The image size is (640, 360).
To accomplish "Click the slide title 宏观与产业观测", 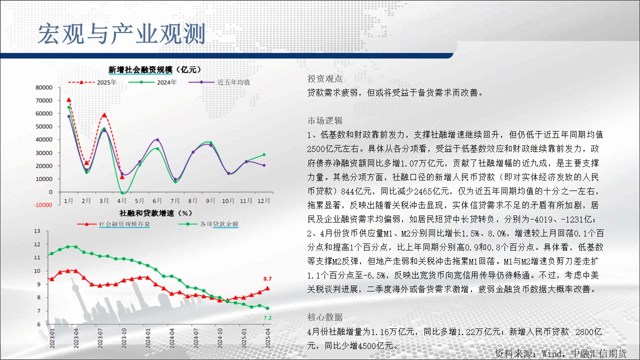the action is tap(121, 34).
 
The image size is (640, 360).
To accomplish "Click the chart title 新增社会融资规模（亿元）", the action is tap(155, 69).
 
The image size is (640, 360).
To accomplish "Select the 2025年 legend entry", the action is tap(92, 82).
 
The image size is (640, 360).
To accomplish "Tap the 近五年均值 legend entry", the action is tap(219, 82).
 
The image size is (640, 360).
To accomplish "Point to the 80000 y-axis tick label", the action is tap(44, 87).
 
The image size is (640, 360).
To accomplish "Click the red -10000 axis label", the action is tap(43, 205).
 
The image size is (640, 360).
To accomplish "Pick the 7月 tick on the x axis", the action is tap(175, 200).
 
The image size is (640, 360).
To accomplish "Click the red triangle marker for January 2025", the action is tap(69, 99).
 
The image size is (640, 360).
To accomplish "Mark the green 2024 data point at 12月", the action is tap(264, 154).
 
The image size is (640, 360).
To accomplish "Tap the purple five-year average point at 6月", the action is tap(157, 139).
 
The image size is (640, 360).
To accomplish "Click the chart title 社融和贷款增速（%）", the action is tap(155, 213).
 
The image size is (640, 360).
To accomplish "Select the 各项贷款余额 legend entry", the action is tap(208, 224).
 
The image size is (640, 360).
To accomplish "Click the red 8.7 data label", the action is tap(267, 278).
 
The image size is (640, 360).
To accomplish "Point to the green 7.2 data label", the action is tap(267, 317).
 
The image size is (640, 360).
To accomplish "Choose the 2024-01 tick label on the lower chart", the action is tap(147, 338).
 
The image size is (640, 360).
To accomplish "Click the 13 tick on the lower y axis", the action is tap(37, 231).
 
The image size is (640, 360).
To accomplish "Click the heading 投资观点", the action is tap(325, 78).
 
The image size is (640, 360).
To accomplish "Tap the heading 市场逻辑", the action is tap(325, 120).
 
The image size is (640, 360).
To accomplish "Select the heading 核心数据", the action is tap(325, 317).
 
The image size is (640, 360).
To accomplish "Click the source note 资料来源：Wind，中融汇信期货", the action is tap(560, 353).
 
